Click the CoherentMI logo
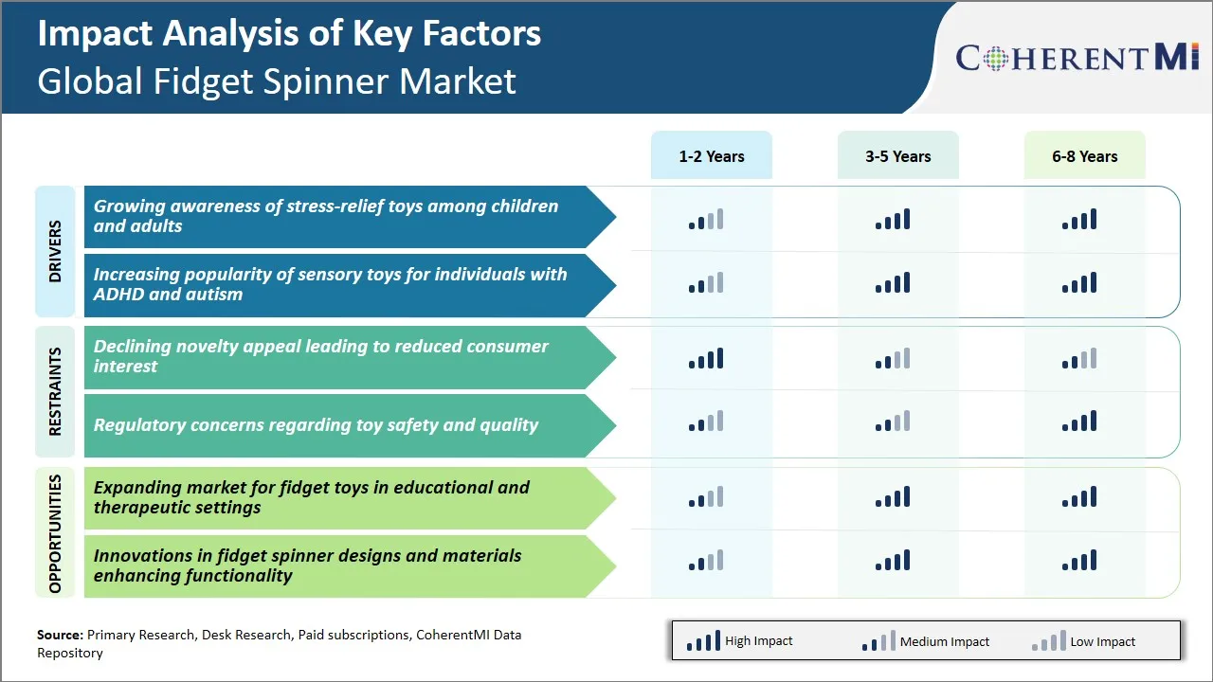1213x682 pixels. click(1077, 57)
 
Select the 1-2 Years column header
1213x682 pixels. click(711, 156)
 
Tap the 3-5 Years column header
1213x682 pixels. click(897, 156)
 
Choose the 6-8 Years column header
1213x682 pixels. click(1084, 156)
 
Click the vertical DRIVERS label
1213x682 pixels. click(55, 251)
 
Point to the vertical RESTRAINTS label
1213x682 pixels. click(55, 391)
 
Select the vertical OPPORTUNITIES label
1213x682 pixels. click(55, 533)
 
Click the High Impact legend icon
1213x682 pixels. click(703, 641)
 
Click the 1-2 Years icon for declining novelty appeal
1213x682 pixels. click(706, 359)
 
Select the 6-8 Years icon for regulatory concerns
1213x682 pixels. click(1079, 422)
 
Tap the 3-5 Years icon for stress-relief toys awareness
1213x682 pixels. click(893, 220)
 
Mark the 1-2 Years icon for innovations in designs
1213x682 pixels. click(706, 561)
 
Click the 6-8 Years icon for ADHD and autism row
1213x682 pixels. click(1079, 283)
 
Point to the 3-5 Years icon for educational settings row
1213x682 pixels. click(893, 497)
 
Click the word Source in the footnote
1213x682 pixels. click(60, 635)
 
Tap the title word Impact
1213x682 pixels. click(96, 33)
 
